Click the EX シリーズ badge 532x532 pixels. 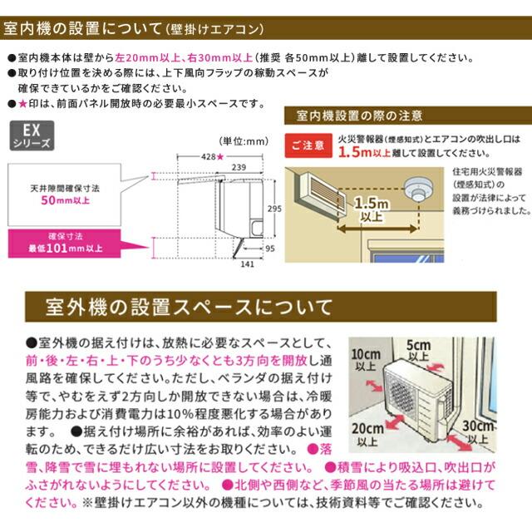tap(30, 136)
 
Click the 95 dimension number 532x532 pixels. tap(269, 247)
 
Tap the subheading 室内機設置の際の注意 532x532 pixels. tap(357, 115)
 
